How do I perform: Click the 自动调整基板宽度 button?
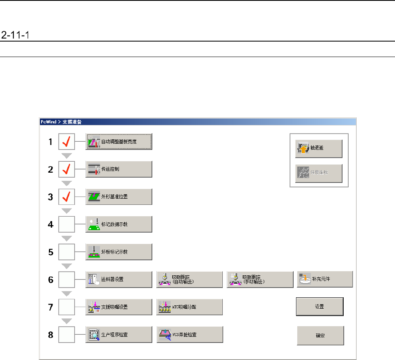(x=118, y=142)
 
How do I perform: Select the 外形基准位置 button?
(x=118, y=197)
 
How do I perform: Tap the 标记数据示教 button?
(x=118, y=224)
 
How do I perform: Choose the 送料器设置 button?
(x=118, y=279)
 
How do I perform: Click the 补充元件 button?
(x=325, y=279)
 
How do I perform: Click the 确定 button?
(x=320, y=336)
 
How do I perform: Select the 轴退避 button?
(x=318, y=149)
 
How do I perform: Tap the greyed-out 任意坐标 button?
(x=318, y=173)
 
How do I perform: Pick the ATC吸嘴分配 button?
(x=189, y=307)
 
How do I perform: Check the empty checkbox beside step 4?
(x=66, y=224)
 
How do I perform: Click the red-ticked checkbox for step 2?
(x=66, y=169)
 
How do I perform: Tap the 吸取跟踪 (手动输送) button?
(x=260, y=279)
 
